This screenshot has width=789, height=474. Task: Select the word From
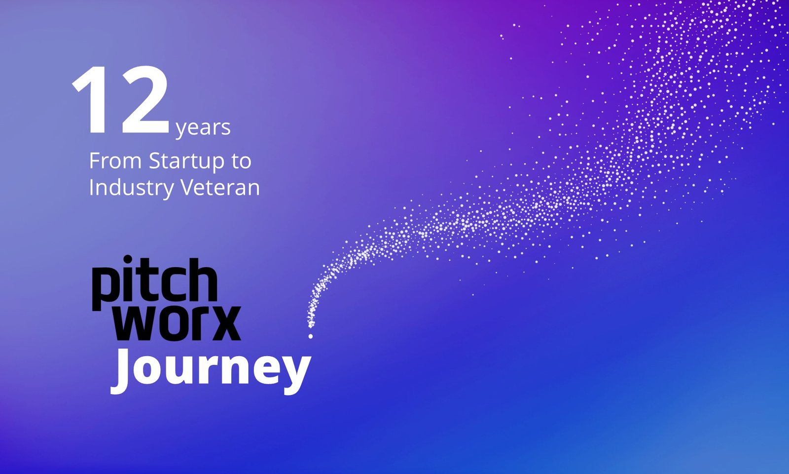(x=115, y=161)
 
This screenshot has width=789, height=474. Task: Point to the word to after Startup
(x=241, y=161)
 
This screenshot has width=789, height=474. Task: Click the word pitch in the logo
(x=154, y=280)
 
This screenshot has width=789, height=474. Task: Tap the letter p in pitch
(x=104, y=286)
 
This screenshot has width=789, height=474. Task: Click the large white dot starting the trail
(x=311, y=336)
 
